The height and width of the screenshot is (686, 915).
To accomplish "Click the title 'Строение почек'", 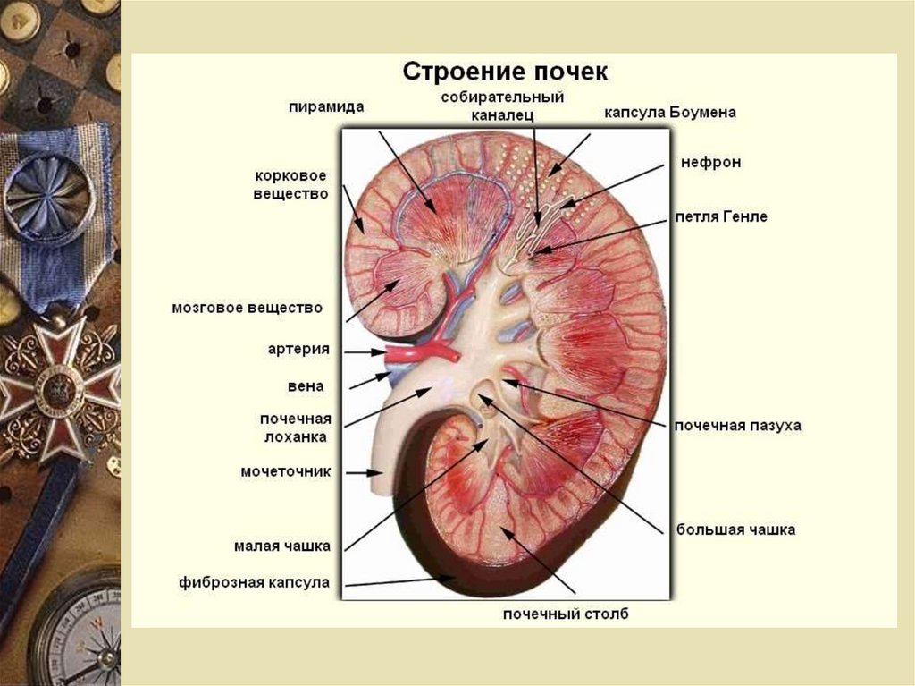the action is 506,72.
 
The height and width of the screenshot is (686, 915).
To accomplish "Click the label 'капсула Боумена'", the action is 669,114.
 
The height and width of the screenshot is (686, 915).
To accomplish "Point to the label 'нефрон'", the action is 710,163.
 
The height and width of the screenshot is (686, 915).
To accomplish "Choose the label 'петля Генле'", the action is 721,216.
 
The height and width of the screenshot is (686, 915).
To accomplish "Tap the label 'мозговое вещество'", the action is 246,308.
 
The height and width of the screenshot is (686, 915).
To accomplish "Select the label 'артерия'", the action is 298,350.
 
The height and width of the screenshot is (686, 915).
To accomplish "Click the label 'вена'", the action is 306,386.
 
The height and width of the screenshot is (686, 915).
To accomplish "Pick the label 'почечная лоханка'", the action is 296,428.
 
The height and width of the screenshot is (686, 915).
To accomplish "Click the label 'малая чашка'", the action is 282,546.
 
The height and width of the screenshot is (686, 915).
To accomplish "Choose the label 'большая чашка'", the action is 735,529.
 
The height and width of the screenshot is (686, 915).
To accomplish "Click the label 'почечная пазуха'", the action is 737,426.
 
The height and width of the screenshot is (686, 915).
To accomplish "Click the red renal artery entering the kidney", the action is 420,351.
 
